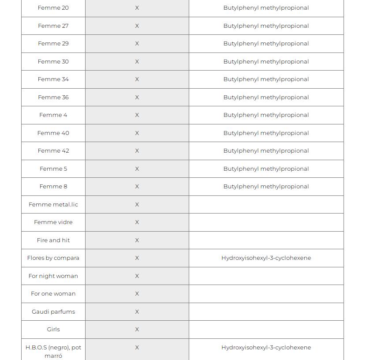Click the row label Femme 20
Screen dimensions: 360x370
pyautogui.click(x=53, y=8)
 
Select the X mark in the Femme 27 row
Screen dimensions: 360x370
pyautogui.click(x=137, y=26)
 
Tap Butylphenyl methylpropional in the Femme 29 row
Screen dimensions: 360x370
pyautogui.click(x=266, y=44)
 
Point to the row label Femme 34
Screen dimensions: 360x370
pyautogui.click(x=53, y=79)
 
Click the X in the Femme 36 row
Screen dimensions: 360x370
pyautogui.click(x=137, y=97)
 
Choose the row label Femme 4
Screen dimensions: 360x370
pyautogui.click(x=53, y=115)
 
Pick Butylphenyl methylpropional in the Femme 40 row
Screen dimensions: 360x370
pyautogui.click(x=266, y=133)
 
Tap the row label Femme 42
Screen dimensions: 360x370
pyautogui.click(x=53, y=151)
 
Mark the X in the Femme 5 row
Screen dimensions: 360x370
pyautogui.click(x=137, y=169)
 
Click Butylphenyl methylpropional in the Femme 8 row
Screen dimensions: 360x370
pyautogui.click(x=266, y=187)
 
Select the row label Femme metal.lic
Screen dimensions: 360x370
pyautogui.click(x=53, y=205)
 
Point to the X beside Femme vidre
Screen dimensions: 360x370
pyautogui.click(x=137, y=222)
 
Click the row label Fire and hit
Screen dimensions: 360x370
pyautogui.click(x=53, y=240)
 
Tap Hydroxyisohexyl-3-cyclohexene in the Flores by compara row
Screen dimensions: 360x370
pyautogui.click(x=266, y=258)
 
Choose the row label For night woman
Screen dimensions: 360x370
pyautogui.click(x=53, y=276)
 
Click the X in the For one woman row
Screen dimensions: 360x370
pyautogui.click(x=137, y=294)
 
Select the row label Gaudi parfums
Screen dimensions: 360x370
pyautogui.click(x=53, y=312)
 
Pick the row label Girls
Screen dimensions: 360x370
pyautogui.click(x=53, y=330)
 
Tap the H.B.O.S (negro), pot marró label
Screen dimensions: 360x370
pyautogui.click(x=53, y=352)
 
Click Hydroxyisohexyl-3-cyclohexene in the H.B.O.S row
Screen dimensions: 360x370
pyautogui.click(x=266, y=348)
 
